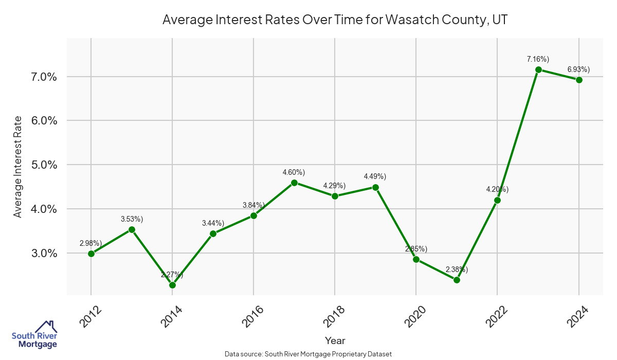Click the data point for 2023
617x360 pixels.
pos(538,69)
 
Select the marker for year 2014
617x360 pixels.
pos(172,285)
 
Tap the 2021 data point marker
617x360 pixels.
pos(457,280)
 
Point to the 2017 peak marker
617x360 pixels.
pos(294,183)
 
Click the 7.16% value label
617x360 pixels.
pos(538,59)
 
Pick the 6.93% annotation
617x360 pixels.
pos(578,69)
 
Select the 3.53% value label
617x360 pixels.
pos(132,219)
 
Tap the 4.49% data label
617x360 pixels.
pos(375,177)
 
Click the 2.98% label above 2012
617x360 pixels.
pos(90,243)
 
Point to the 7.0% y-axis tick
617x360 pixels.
pos(42,77)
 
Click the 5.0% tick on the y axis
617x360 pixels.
pos(42,165)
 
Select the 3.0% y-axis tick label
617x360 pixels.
pos(42,254)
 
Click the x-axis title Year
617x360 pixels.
pos(335,340)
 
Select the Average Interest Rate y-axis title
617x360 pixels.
pos(18,166)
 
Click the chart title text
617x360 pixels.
pos(335,20)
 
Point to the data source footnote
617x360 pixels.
pos(308,354)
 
